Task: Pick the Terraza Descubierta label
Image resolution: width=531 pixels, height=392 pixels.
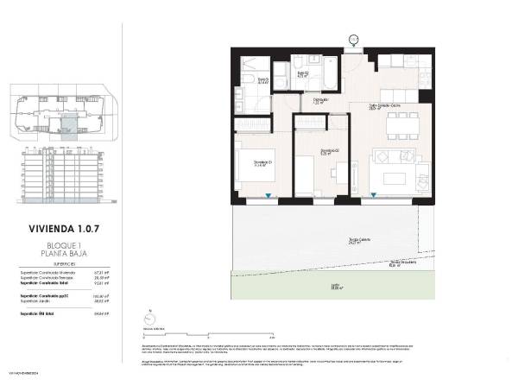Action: [x=395, y=263]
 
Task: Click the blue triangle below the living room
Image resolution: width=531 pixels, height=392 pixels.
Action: [x=373, y=198]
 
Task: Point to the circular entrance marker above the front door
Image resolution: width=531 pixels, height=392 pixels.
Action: [x=353, y=40]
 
